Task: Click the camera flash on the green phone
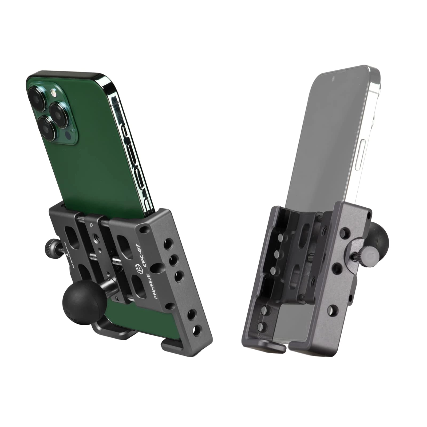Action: pyautogui.click(x=54, y=93)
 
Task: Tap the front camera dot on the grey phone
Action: pyautogui.click(x=333, y=79)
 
